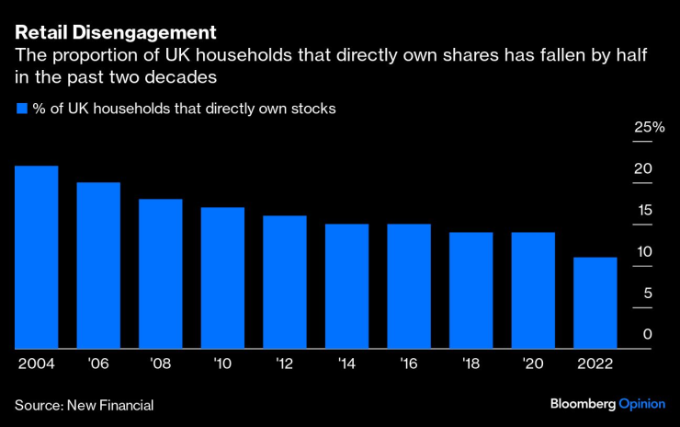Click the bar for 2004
tap(36, 258)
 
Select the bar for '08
tap(161, 274)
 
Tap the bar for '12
tap(285, 283)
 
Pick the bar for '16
tap(409, 286)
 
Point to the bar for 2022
tap(595, 303)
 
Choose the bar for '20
tap(533, 291)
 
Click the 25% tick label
tap(649, 127)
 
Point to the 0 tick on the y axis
tap(647, 334)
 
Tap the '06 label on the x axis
tap(97, 364)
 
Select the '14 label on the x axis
tap(346, 364)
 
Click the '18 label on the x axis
tap(470, 364)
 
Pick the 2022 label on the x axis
tap(595, 364)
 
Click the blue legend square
tap(22, 109)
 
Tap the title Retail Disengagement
tap(115, 33)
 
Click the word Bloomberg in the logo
tap(584, 405)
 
